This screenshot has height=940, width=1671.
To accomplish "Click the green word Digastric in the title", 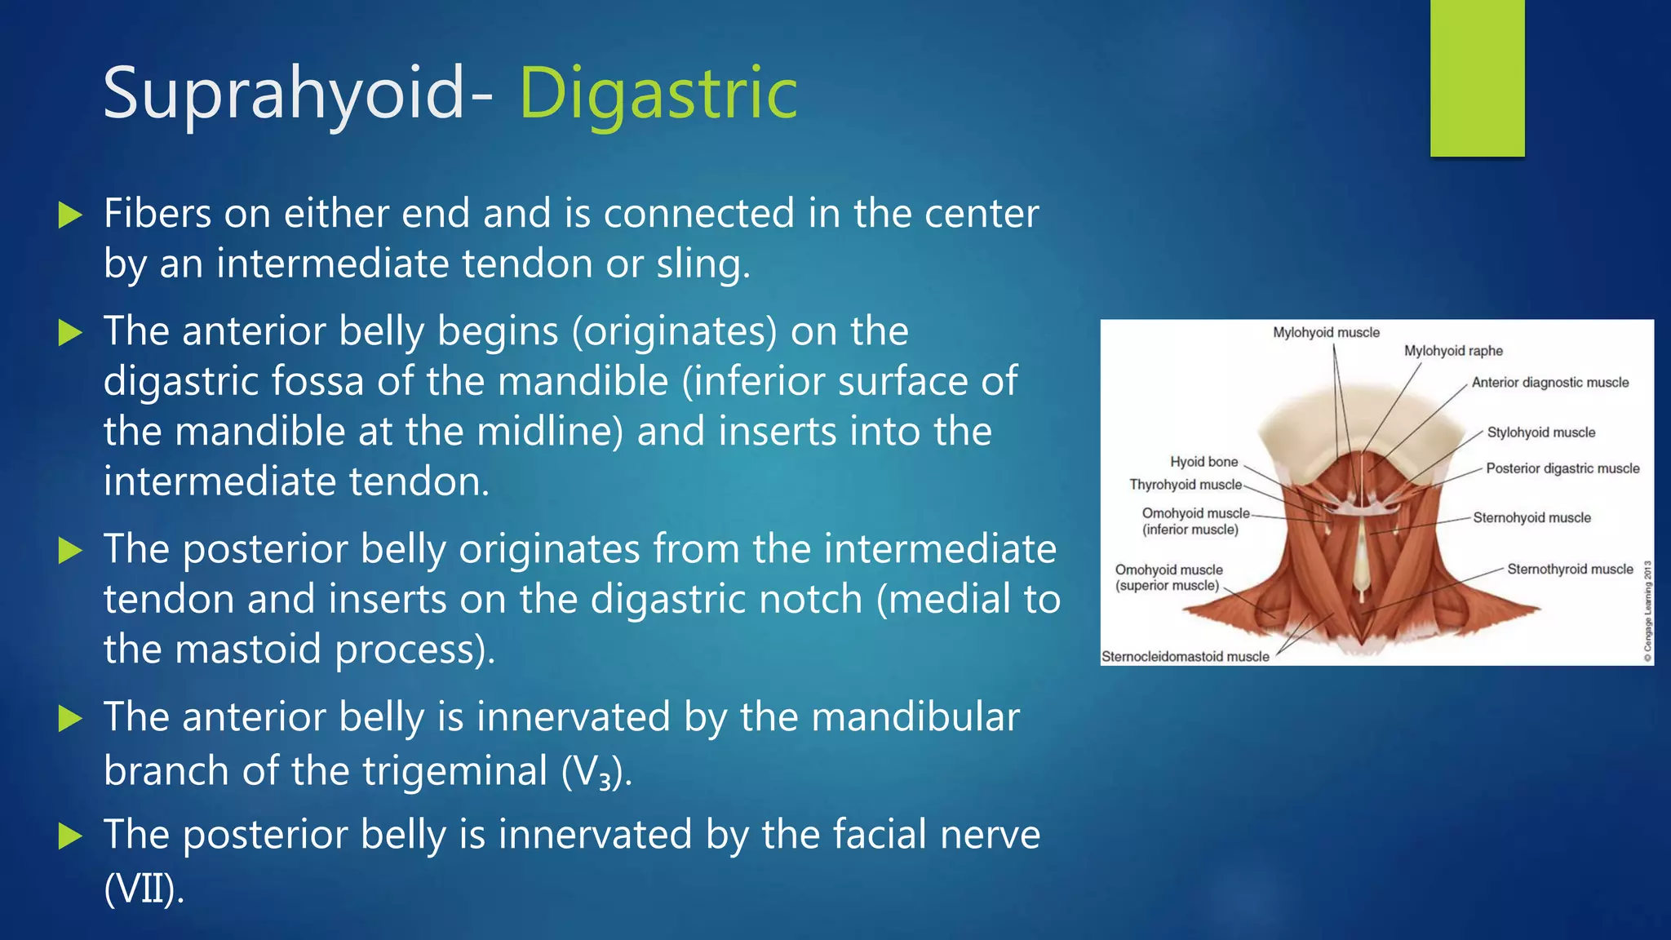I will click(x=658, y=94).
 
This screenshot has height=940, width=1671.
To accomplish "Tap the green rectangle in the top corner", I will click(x=1477, y=78).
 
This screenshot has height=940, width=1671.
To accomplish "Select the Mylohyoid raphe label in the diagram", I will click(x=1453, y=351).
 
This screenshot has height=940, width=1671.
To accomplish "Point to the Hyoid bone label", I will click(x=1203, y=462).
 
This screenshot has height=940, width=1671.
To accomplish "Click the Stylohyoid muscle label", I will click(x=1540, y=432).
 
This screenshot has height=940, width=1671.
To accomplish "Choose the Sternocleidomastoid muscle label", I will click(x=1186, y=657).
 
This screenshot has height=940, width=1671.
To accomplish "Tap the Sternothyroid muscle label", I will click(x=1570, y=569).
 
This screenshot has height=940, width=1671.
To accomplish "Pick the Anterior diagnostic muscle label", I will click(x=1549, y=383).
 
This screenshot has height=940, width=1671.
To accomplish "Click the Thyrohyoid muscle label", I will click(x=1185, y=485).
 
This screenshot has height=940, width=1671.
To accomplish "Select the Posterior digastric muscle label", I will click(x=1562, y=468).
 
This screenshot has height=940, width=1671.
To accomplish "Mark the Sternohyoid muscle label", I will click(x=1531, y=517).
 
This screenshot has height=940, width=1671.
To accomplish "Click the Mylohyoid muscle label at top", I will click(x=1326, y=332).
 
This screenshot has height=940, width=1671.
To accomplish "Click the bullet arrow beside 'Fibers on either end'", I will click(x=71, y=215).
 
